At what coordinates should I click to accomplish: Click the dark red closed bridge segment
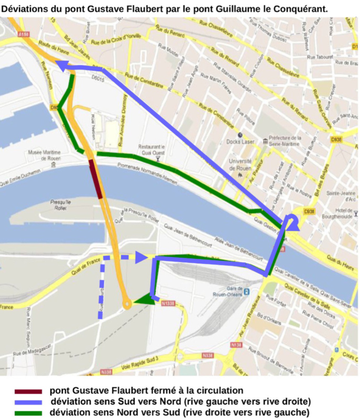coord(96,179)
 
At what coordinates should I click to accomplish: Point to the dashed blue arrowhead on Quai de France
coord(140,257)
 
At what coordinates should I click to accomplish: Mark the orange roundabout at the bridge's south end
coord(127,303)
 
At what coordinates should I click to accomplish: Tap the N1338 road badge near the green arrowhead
coord(168,303)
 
